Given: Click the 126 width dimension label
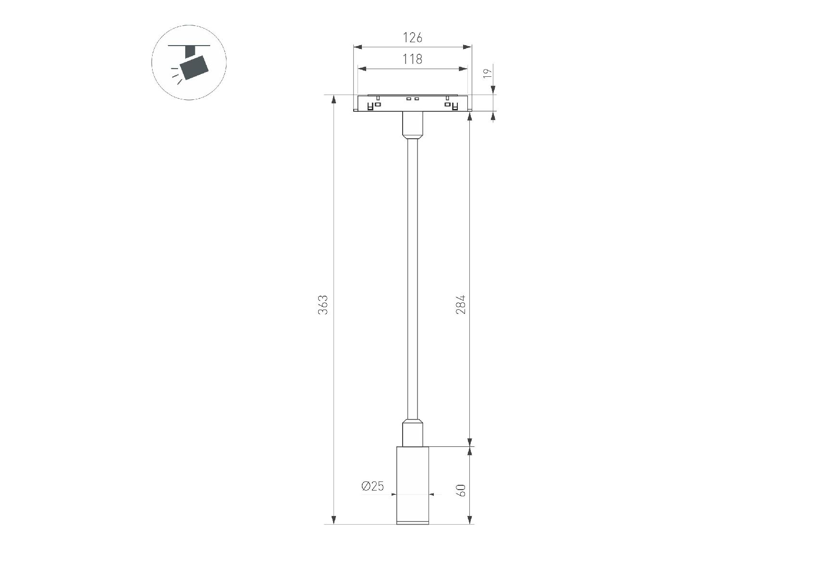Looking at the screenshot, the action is tap(412, 37).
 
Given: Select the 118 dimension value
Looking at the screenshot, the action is tap(412, 59).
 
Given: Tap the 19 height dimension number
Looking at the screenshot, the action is tap(488, 73).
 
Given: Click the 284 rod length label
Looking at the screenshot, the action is tap(461, 304).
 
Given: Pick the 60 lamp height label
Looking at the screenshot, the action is tap(462, 491).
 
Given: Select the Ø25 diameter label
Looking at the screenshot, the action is tap(373, 486).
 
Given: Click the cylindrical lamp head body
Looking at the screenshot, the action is tap(412, 485).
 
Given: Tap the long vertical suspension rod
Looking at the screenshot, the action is tap(412, 279).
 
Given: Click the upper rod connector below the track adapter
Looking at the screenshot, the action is tap(412, 125).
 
